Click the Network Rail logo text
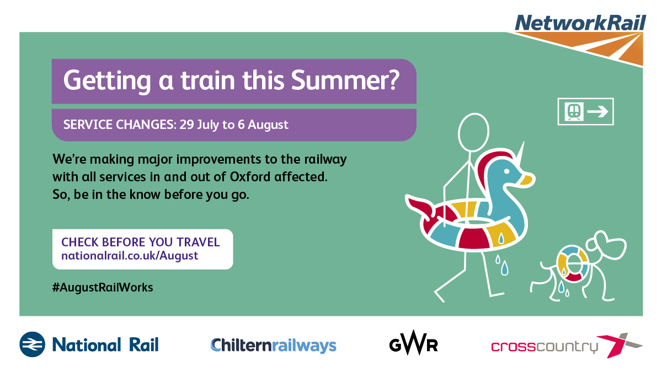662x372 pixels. [x=580, y=23]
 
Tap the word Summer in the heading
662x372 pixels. [x=345, y=80]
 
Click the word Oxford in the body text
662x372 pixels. [x=250, y=177]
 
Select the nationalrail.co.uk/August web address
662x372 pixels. [x=130, y=256]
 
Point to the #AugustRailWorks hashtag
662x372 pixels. [x=103, y=287]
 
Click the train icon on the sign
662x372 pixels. [x=574, y=111]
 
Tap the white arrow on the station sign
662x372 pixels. [x=597, y=111]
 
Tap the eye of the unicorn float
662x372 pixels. [x=506, y=171]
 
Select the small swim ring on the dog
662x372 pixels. [x=573, y=263]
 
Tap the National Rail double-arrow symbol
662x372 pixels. [x=32, y=344]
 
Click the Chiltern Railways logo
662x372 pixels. [x=274, y=345]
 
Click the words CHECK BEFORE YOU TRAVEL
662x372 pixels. [x=140, y=242]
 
